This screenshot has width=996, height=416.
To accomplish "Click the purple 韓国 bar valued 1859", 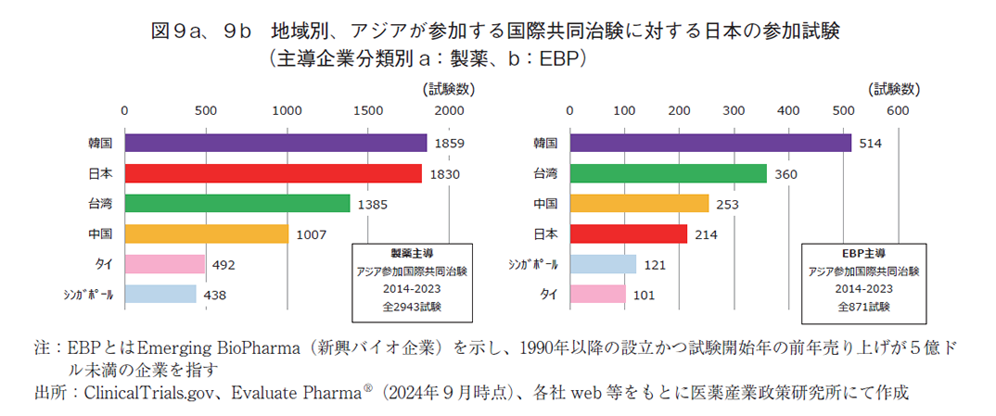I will (x=275, y=143).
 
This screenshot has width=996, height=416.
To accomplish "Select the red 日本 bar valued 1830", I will (x=273, y=173).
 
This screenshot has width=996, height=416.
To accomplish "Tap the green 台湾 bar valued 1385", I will (x=236, y=203).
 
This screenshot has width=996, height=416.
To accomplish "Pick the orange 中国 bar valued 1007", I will (x=206, y=233).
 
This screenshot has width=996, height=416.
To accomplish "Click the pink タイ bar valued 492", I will (x=164, y=264).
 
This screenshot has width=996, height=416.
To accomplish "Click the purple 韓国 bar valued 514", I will (x=709, y=143).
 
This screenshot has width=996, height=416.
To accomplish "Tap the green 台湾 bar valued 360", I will (x=668, y=173).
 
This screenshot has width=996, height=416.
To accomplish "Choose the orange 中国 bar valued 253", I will (x=638, y=203).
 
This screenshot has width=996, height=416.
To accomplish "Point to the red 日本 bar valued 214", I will (x=628, y=233).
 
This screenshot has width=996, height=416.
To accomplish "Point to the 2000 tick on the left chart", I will (x=450, y=110).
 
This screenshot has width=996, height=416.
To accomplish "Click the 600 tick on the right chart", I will (x=897, y=110).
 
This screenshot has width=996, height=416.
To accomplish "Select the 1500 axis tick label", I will (x=368, y=110).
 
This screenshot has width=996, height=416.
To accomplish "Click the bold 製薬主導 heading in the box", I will (x=412, y=253).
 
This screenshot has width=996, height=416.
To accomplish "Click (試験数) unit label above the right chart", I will (x=894, y=90).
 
